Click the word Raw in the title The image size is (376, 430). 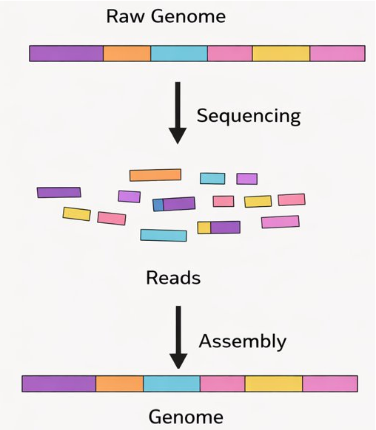(124, 16)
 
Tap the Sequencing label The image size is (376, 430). (248, 116)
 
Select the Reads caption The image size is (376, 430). (173, 278)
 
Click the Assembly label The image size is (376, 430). (242, 341)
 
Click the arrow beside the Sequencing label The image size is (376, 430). (178, 113)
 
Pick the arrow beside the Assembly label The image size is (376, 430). (178, 337)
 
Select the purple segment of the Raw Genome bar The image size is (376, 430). (66, 53)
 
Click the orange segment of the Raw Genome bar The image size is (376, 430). (127, 53)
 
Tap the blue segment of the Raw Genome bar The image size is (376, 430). (178, 53)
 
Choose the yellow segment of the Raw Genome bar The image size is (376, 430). (281, 53)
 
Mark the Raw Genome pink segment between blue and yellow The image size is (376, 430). (229, 53)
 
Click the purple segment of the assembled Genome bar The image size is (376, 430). (59, 383)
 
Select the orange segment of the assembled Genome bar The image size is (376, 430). (119, 383)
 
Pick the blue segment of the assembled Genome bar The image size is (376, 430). (171, 383)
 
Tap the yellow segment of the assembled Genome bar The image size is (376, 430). (273, 383)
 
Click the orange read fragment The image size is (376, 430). (155, 175)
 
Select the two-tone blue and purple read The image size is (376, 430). (174, 204)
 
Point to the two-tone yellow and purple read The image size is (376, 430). (218, 228)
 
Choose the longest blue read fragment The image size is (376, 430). (164, 235)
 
